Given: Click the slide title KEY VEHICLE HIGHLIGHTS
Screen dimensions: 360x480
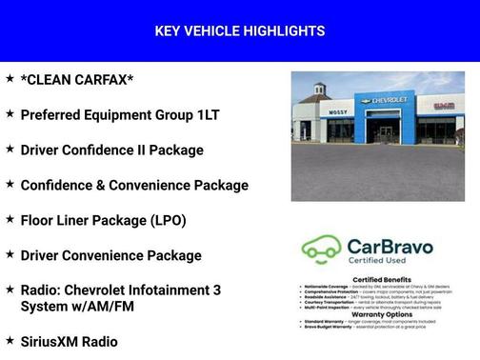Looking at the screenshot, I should point(239,31).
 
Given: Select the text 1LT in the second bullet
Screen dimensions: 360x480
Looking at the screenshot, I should point(208,115).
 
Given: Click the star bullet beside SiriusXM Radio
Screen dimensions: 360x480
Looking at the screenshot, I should point(10,339).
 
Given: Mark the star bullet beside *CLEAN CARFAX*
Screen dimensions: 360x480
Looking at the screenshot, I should point(10,78).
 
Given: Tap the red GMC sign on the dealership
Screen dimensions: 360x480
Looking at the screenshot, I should point(443,105).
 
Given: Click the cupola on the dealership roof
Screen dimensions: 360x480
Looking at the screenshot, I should point(320,90).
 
